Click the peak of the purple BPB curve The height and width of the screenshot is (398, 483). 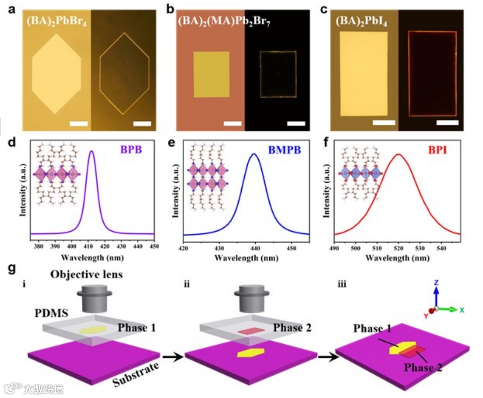[92, 151]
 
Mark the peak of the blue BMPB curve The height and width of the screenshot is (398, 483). [254, 153]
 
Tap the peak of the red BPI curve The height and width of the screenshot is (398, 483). [398, 154]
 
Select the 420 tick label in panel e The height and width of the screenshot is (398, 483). [183, 247]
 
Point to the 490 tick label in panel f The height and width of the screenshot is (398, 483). [334, 247]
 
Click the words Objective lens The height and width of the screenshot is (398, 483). [87, 274]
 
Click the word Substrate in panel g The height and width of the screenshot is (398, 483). [135, 376]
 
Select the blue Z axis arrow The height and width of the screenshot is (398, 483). [436, 294]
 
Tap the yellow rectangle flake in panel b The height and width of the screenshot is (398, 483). [211, 74]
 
